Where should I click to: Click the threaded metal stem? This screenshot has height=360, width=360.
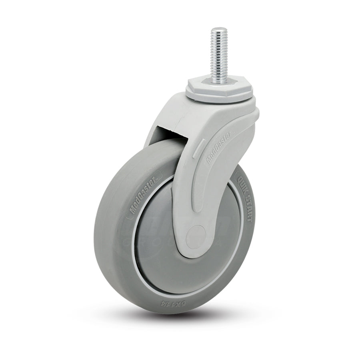(218, 52)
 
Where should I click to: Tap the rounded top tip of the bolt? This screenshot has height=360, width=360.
(218, 29)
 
